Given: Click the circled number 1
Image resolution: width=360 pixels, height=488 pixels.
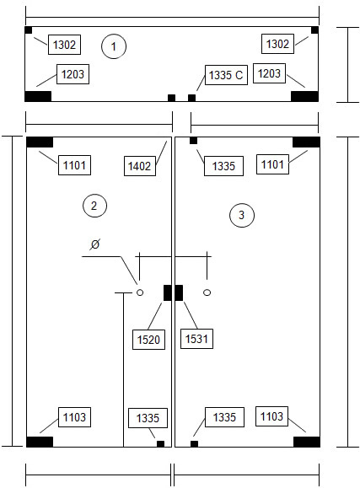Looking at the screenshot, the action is [x=114, y=46].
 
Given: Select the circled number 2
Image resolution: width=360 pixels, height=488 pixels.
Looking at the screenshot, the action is [x=94, y=206].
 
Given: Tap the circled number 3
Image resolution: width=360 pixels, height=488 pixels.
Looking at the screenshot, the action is [x=242, y=215].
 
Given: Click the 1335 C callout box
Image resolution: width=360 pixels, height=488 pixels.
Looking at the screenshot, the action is [x=226, y=75].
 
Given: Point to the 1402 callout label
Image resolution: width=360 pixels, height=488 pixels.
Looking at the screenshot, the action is [x=140, y=166].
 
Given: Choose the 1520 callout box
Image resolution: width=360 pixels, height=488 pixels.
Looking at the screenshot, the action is [x=148, y=340].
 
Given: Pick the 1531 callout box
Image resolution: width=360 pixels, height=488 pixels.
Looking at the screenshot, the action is [x=196, y=339].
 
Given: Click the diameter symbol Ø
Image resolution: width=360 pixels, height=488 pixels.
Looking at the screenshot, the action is [x=94, y=244].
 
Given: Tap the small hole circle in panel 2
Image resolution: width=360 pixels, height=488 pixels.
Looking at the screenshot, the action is [x=140, y=292].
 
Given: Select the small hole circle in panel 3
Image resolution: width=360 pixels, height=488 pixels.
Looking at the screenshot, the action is [x=207, y=292].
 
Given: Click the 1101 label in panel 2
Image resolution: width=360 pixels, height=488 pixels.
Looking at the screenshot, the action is [x=74, y=165].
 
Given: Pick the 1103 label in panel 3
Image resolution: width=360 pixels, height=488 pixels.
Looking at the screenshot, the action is [x=271, y=416].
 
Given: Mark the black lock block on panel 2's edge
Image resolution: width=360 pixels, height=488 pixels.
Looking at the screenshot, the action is [x=168, y=292].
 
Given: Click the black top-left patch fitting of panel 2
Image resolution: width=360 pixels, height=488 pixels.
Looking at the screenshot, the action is [x=40, y=142].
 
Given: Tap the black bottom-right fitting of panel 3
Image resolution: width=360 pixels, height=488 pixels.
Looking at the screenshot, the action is [x=307, y=442].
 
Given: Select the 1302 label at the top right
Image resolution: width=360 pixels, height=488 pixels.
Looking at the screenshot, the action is [x=277, y=44].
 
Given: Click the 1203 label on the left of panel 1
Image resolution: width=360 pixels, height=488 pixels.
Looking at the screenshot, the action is [x=73, y=74].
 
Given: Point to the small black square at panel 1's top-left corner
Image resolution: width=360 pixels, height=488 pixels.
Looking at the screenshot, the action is [x=29, y=30].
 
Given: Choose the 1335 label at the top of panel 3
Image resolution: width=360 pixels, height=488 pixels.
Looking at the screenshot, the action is [x=223, y=166].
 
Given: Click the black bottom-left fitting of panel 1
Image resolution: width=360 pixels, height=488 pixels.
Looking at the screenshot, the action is [x=38, y=96].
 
